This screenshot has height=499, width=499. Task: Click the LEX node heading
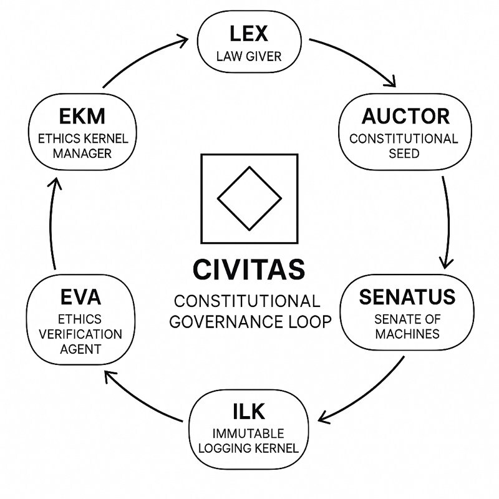pyautogui.click(x=248, y=33)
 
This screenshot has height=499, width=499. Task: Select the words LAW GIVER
pyautogui.click(x=248, y=57)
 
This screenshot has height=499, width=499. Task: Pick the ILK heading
pyautogui.click(x=248, y=411)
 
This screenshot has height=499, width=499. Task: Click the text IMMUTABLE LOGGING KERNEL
pyautogui.click(x=248, y=440)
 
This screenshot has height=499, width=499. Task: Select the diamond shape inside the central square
pyautogui.click(x=249, y=198)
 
